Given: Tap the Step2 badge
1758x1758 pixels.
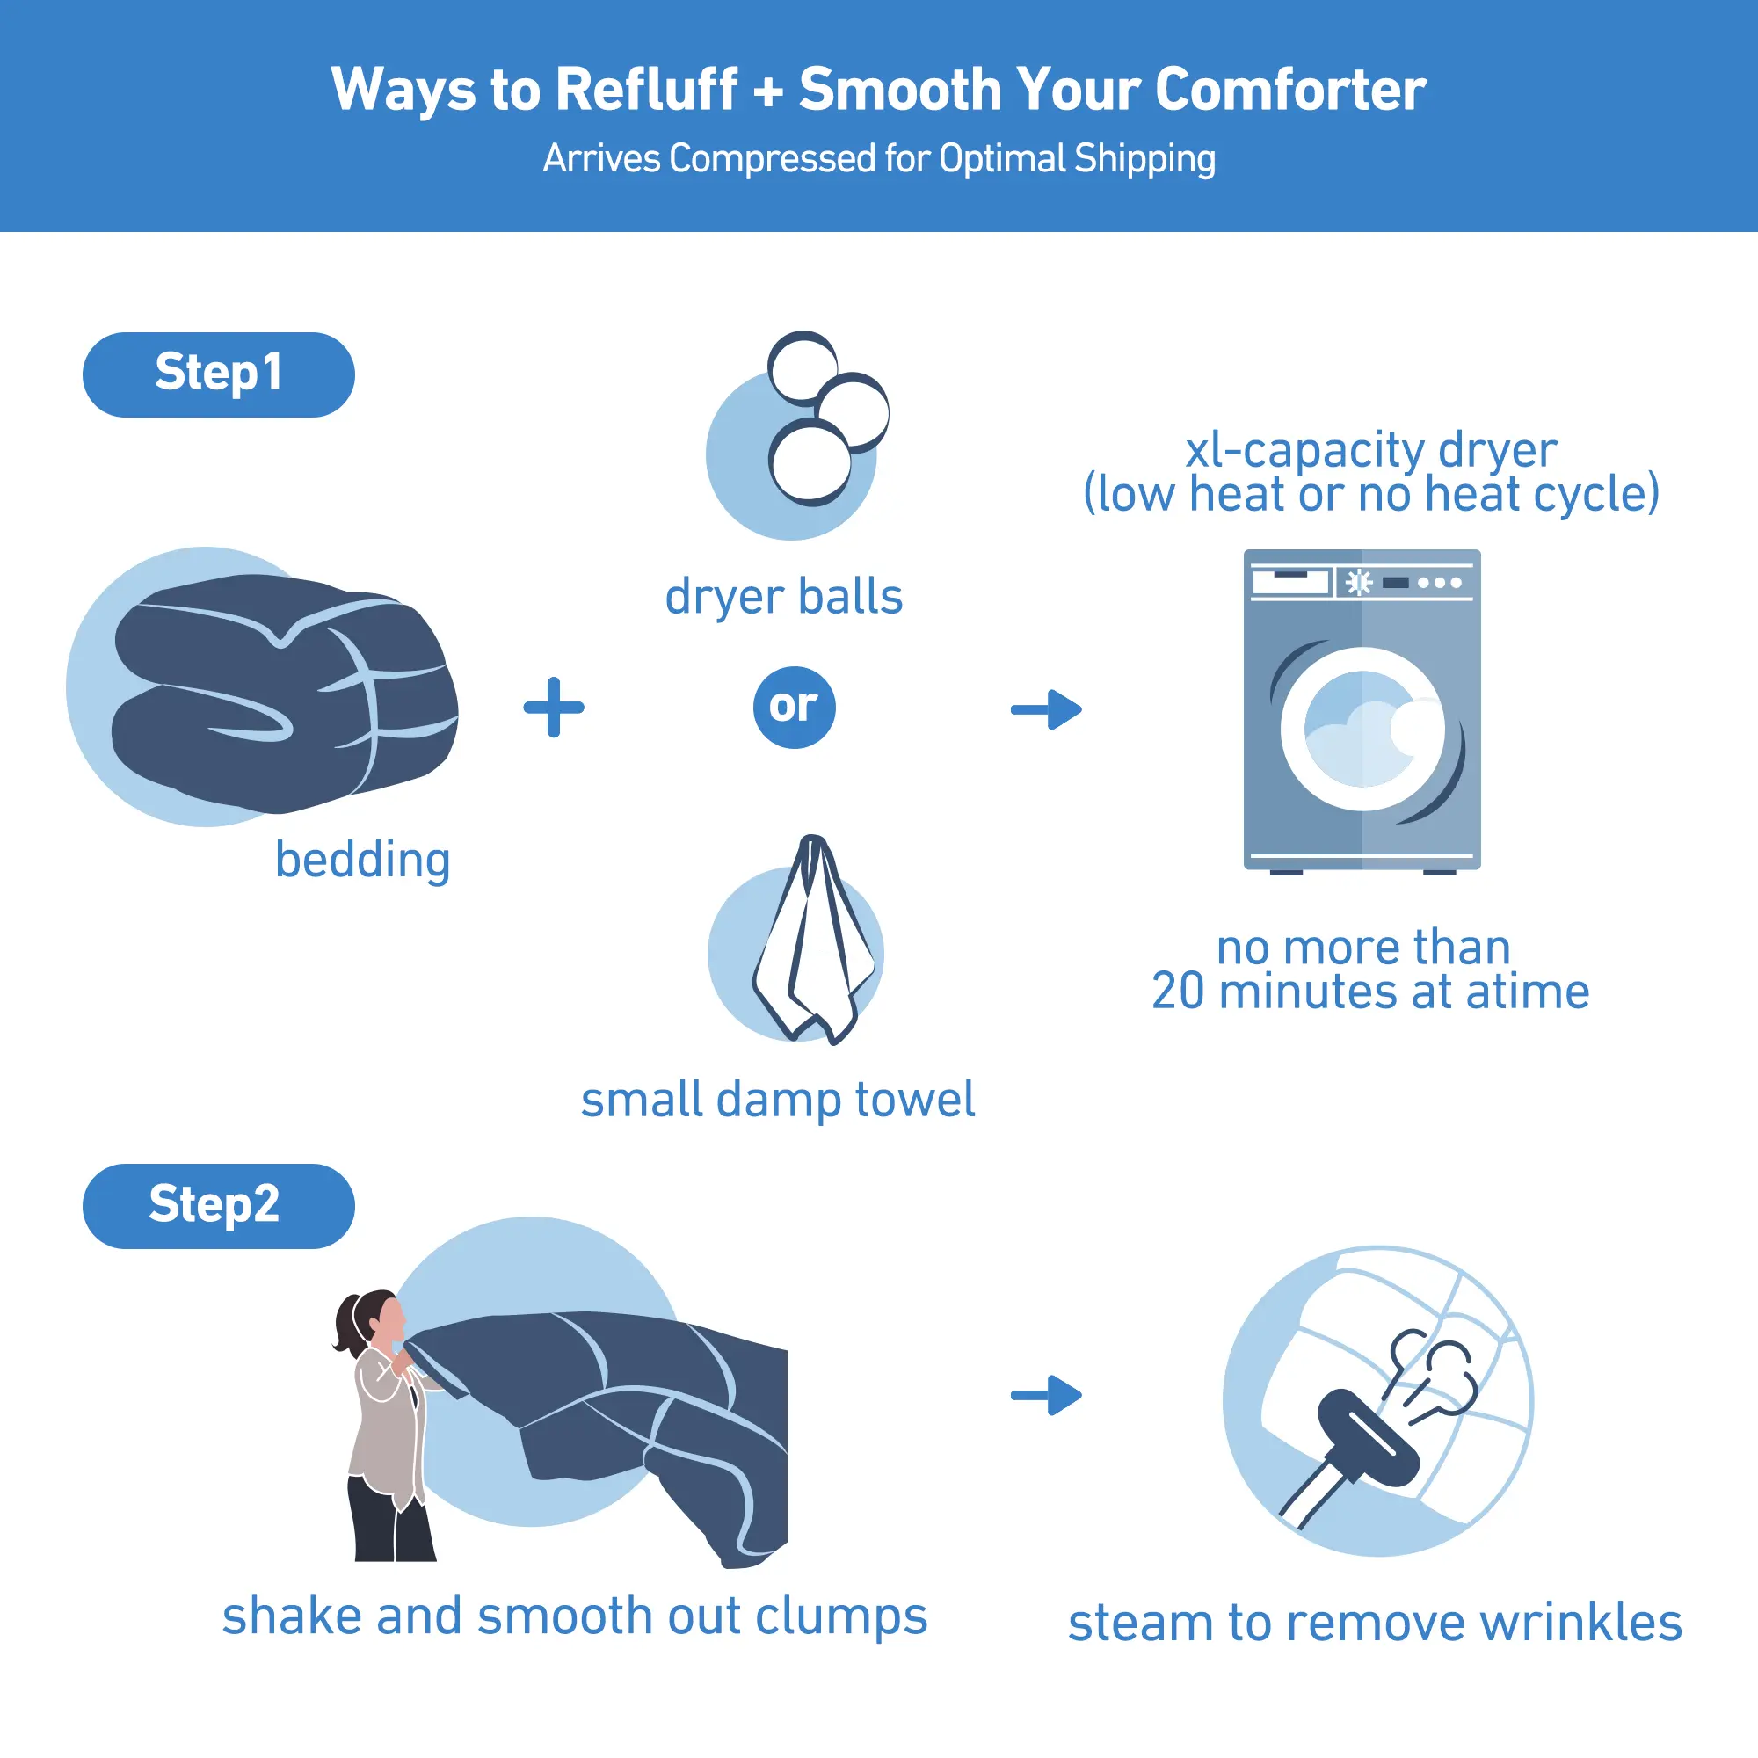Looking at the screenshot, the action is click(x=218, y=1206).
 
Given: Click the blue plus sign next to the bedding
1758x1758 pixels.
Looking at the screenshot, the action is click(x=553, y=707).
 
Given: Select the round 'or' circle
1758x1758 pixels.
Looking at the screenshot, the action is click(x=795, y=707).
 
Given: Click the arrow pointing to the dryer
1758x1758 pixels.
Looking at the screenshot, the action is click(x=1046, y=708).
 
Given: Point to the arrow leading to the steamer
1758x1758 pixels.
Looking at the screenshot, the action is click(x=1046, y=1395).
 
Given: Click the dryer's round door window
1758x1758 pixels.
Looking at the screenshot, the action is click(x=1362, y=729).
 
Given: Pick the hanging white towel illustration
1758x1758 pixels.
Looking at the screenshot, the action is click(x=812, y=939).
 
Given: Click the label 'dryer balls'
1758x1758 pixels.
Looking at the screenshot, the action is click(x=783, y=597).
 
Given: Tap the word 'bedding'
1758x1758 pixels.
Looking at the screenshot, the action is click(x=363, y=860).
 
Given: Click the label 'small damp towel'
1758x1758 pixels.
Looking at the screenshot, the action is click(x=778, y=1100).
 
